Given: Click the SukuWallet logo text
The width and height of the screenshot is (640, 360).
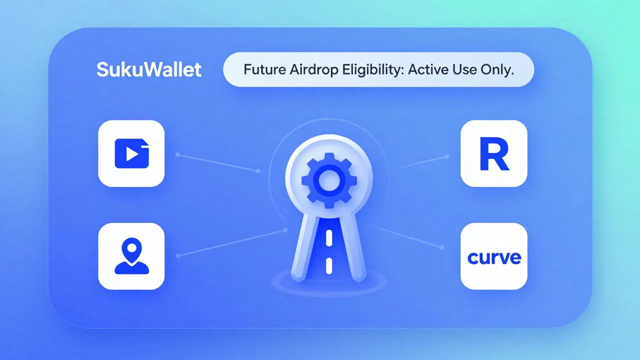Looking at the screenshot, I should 148,69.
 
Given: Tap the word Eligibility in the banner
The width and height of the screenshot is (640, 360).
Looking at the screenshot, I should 372,69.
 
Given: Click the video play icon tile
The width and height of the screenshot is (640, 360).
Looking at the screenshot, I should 131,153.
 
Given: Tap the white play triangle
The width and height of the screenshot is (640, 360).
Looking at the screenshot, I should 132,153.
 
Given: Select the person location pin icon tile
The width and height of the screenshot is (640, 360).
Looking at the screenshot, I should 131,256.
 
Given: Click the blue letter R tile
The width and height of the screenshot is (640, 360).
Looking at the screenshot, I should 493,153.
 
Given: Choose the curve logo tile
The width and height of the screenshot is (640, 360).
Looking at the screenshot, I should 493,256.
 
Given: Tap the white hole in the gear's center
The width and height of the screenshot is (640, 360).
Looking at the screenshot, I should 328,180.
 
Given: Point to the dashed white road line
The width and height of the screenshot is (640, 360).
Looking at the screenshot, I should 328,250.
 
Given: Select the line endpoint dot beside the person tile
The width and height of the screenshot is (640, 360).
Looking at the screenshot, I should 178,256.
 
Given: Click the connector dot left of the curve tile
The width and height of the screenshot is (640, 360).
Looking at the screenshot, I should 442,247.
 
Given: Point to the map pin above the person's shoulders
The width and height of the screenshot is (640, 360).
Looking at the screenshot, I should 131,248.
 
